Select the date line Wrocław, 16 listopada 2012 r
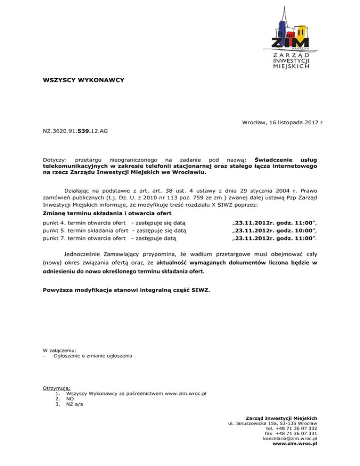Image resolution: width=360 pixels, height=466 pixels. [x=277, y=122]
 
